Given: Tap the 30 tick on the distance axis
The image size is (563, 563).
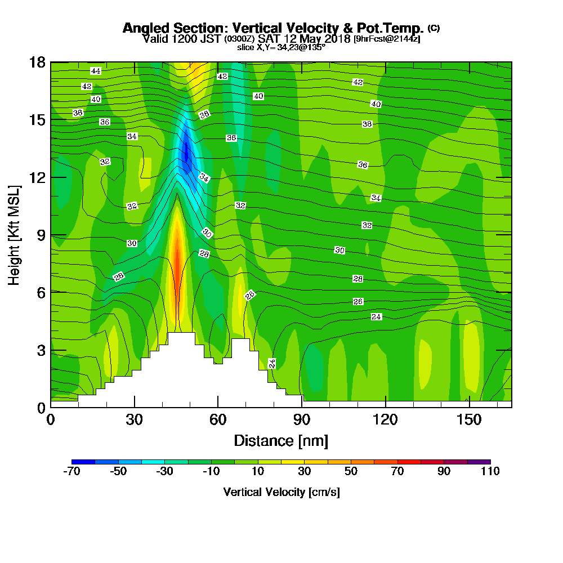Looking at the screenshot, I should [134, 420].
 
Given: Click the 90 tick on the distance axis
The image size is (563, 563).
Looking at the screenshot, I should [302, 420].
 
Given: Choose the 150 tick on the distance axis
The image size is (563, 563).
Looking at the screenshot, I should [470, 420].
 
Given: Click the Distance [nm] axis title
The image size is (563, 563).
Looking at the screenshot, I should [281, 440].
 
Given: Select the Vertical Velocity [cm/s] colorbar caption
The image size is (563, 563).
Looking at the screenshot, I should [281, 492].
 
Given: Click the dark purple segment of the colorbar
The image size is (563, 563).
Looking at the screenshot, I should [479, 462].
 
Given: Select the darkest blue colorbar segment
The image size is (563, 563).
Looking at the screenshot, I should [83, 462].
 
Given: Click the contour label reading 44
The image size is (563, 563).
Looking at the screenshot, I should [96, 71].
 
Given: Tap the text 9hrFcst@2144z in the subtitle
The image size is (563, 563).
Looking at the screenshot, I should [387, 39].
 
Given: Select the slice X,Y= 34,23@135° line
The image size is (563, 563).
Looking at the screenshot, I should [281, 47].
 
